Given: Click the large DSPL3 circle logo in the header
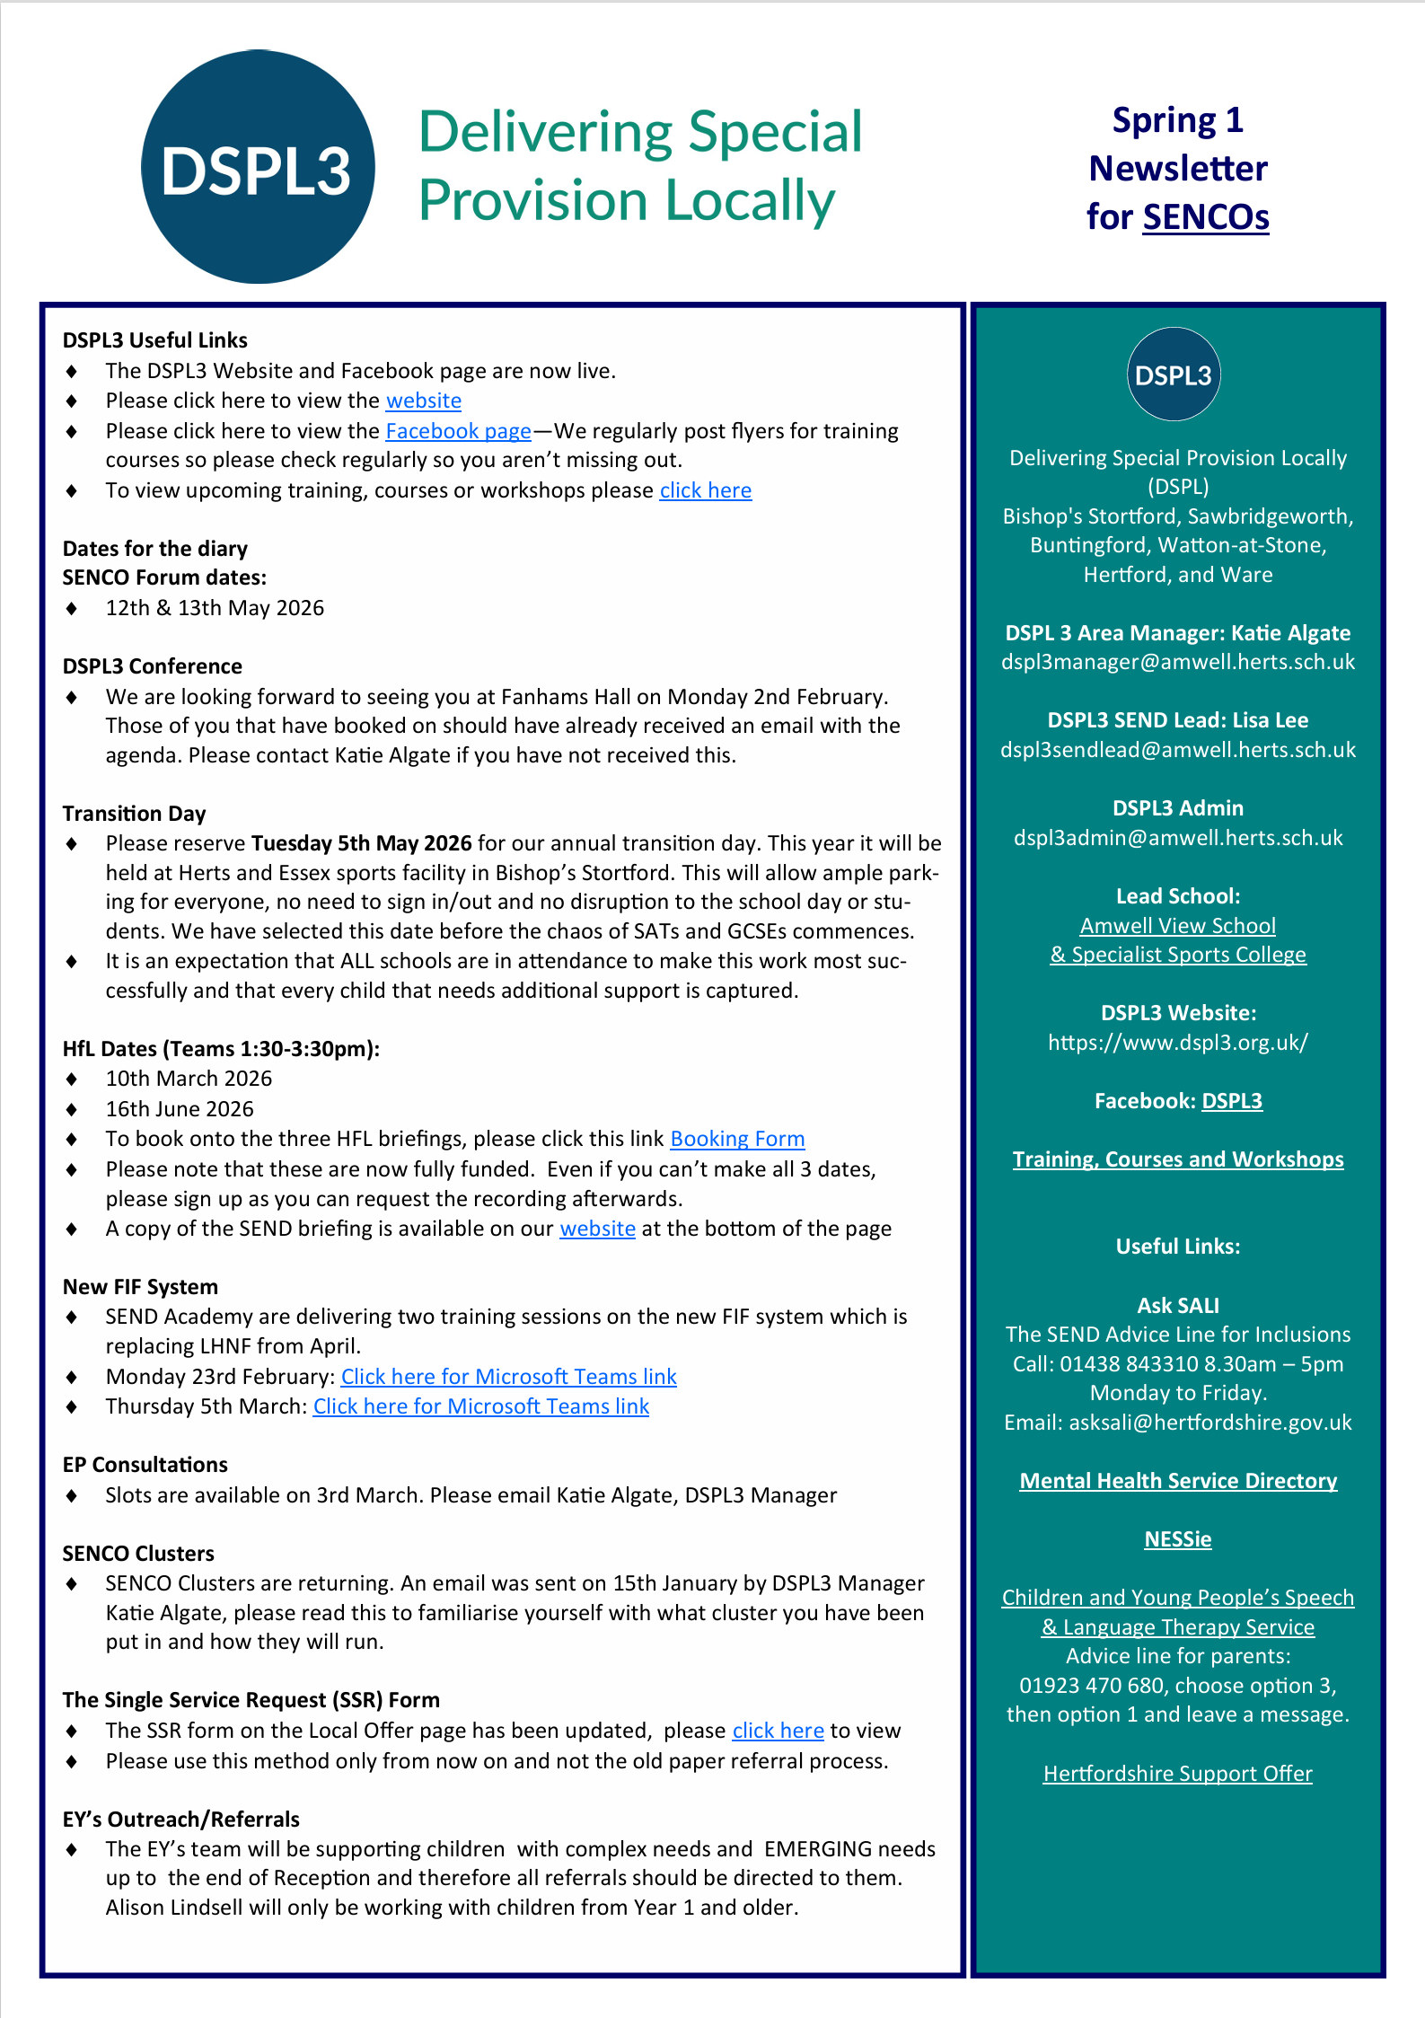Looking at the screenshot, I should [x=258, y=168].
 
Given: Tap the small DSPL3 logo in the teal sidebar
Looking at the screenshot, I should [x=1174, y=375].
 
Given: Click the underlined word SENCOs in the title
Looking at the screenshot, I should [x=1205, y=217].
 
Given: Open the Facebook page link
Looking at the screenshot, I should [x=458, y=431].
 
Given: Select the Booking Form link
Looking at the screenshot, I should [x=737, y=1139].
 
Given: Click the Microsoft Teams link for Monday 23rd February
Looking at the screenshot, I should [x=508, y=1377].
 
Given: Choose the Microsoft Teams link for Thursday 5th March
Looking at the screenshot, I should [x=480, y=1406].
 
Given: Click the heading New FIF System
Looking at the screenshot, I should [x=140, y=1287].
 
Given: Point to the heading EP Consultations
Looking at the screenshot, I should [x=145, y=1465].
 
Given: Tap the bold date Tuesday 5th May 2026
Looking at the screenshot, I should [x=361, y=843].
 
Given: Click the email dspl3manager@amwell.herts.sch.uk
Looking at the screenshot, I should [x=1178, y=662].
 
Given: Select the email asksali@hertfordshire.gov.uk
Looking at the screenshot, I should [x=1209, y=1423].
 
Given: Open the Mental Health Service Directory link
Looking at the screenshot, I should [x=1178, y=1481].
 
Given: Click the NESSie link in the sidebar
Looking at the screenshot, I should [x=1178, y=1539].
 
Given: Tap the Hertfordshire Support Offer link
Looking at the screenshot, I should [x=1178, y=1774].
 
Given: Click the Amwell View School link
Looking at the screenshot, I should [x=1178, y=926].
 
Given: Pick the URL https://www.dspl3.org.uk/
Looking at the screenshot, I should [x=1178, y=1043].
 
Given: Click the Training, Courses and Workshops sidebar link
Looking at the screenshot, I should [x=1178, y=1159].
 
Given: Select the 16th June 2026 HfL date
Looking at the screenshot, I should [x=180, y=1109].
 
